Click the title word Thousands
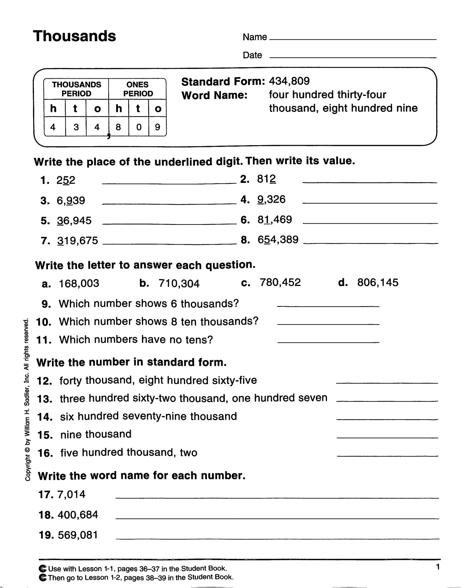74,36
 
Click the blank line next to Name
353,39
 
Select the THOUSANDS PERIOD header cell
76,89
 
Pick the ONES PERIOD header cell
138,89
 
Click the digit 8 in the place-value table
118,127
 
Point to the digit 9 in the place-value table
157,127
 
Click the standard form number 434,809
289,81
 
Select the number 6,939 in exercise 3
71,200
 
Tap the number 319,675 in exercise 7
78,240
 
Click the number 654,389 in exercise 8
278,239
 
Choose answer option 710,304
179,284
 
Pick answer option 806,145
378,283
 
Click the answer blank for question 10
328,324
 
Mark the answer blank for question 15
387,437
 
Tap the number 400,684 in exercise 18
78,515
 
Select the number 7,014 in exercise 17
72,494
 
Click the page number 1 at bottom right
438,567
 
